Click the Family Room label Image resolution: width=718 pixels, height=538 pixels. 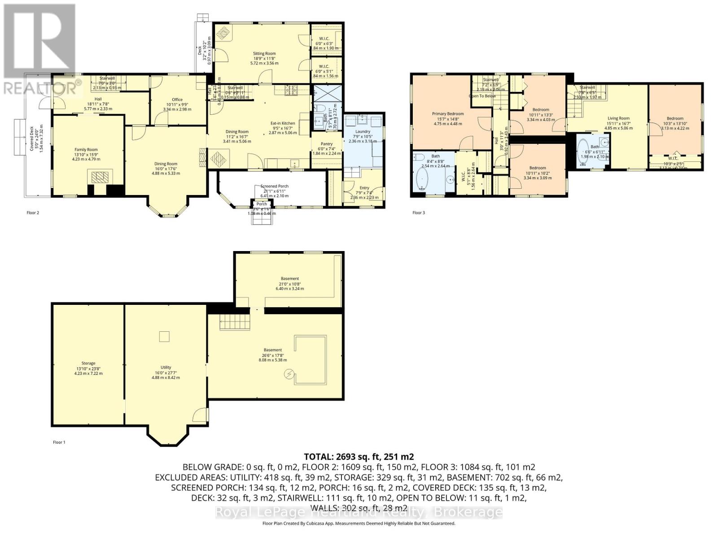point(86,150)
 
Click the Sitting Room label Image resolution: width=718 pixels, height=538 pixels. point(264,53)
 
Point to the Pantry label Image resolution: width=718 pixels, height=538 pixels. point(326,144)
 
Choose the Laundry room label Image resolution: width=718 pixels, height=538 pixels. point(363,132)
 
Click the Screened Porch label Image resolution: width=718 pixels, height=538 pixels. point(274,186)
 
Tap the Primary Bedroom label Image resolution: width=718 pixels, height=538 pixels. point(448,114)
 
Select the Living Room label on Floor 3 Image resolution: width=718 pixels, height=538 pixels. point(618,118)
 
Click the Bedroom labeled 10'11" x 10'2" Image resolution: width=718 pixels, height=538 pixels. point(537,168)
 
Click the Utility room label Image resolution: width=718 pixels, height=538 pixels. point(166,367)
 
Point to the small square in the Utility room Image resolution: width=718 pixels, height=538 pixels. point(165,336)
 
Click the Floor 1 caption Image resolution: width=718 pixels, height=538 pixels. point(59,442)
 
